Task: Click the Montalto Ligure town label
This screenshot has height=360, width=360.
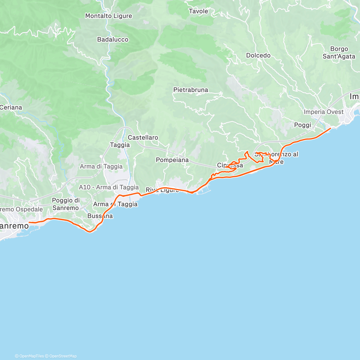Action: [x=109, y=16]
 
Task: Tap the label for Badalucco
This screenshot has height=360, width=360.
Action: [x=113, y=40]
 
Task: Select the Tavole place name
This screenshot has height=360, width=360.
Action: [x=198, y=11]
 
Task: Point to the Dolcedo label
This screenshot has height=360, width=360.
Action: [x=258, y=55]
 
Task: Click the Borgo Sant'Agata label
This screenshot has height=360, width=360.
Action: [x=339, y=53]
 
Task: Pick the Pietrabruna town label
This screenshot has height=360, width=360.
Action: [x=190, y=90]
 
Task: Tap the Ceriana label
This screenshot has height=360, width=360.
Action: [x=11, y=107]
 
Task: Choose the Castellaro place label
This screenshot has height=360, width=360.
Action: [x=143, y=137]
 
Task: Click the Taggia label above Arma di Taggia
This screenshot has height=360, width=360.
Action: [x=120, y=145]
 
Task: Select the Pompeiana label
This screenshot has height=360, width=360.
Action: [x=172, y=160]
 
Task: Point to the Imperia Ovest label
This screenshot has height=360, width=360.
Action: [x=323, y=112]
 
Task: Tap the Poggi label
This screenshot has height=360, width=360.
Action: [x=302, y=125]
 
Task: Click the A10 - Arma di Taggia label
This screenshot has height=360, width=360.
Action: [x=109, y=187]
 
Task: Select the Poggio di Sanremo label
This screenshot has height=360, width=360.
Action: [x=66, y=204]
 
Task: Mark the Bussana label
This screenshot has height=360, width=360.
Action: [x=100, y=216]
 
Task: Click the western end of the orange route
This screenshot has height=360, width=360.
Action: [x=29, y=222]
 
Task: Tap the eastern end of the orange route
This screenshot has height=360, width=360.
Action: [x=331, y=128]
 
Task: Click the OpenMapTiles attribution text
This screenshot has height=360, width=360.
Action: [x=29, y=356]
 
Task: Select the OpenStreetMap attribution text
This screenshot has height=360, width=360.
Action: [x=61, y=356]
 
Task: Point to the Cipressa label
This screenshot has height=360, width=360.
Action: [x=230, y=165]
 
